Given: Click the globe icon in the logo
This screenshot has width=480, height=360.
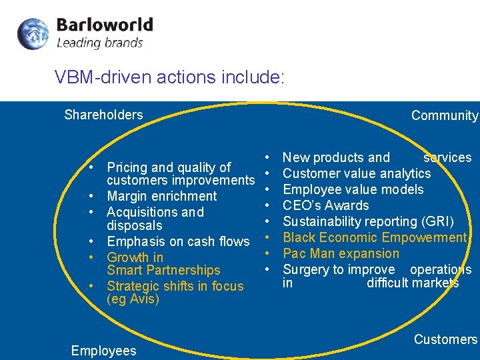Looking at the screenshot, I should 33,34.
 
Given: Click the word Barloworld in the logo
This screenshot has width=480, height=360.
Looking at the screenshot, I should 105,26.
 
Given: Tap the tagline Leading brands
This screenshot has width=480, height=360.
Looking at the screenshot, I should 99,43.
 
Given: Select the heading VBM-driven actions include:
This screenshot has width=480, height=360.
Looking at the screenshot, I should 170,77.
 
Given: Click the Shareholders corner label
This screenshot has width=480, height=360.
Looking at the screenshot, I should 103,115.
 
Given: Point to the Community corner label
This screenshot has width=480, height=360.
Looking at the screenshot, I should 445,115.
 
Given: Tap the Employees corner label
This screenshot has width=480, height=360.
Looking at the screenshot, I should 103,351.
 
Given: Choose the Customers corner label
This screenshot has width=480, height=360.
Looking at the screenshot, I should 445,339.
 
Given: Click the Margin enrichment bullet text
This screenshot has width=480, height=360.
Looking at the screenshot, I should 162,196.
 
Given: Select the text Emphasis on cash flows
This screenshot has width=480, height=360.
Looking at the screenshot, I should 178,241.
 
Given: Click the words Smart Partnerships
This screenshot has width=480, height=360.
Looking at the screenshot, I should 163,270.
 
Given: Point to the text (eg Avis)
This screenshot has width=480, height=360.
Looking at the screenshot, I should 133,299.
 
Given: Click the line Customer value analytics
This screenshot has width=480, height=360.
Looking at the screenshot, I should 357,173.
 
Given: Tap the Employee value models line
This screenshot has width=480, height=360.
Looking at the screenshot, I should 353,189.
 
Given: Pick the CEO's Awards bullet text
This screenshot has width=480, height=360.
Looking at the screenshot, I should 326,205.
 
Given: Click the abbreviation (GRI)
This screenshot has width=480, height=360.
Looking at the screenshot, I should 435,221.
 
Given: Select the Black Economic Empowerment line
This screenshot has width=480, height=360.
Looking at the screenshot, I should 375,237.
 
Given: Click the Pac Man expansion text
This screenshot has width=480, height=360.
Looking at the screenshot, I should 341,253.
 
